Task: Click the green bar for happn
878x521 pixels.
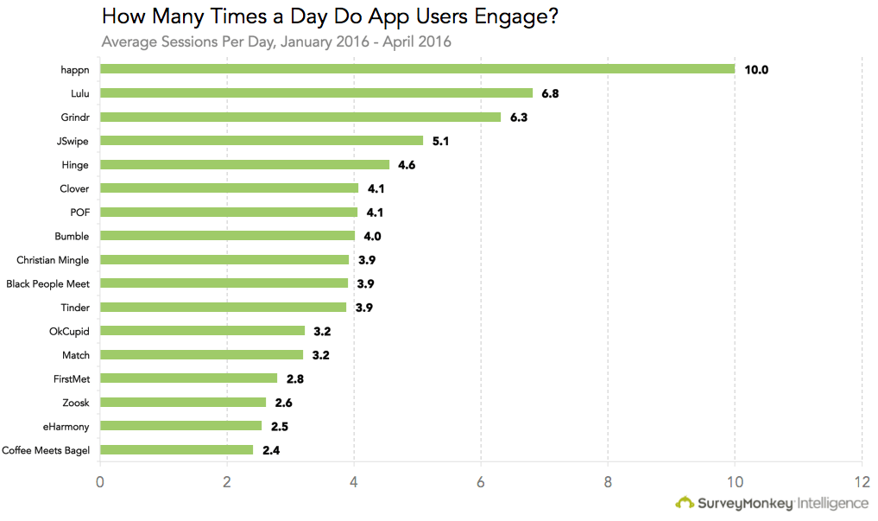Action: point(417,69)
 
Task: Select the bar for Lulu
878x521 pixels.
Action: point(316,93)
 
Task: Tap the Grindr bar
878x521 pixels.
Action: point(300,117)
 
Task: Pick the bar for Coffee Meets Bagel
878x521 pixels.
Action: point(176,450)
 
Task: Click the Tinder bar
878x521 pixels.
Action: point(223,307)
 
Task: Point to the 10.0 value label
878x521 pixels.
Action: point(756,70)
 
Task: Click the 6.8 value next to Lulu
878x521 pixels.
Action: point(550,93)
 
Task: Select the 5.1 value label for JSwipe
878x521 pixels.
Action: point(440,141)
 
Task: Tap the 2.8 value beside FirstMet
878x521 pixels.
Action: point(295,379)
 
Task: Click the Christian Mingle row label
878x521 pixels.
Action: point(53,261)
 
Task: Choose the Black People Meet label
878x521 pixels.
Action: point(47,284)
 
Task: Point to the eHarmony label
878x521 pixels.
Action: point(66,427)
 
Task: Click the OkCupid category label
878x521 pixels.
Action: point(69,332)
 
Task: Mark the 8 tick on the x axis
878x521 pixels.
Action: point(608,482)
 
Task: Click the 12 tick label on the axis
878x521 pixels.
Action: point(862,482)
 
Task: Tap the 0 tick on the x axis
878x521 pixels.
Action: point(99,482)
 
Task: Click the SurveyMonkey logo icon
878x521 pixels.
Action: point(685,503)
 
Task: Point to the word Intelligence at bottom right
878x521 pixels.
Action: point(832,504)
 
